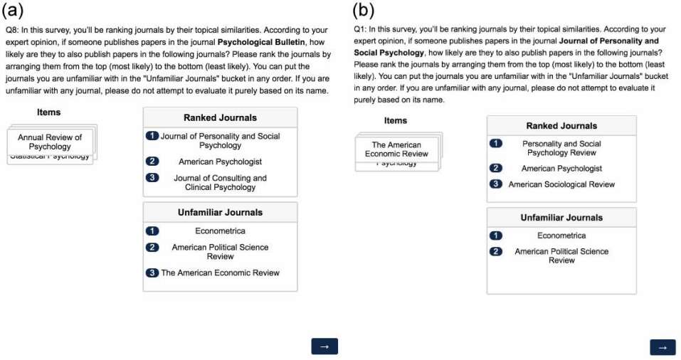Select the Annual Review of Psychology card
pos(50,142)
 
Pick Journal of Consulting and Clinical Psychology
pos(220,183)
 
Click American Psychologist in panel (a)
pos(220,162)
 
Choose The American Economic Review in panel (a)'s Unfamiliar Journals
pos(220,272)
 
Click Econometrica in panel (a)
pos(220,231)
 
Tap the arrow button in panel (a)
pos(324,346)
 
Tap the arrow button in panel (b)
pos(662,346)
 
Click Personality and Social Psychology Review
pos(561,148)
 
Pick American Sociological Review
pos(561,184)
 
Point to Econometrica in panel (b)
pos(561,235)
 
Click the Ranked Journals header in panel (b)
pos(561,126)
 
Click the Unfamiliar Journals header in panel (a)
pos(220,212)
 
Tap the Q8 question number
pos(11,31)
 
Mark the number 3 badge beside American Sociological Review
pos(496,184)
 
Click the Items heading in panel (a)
pos(49,112)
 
